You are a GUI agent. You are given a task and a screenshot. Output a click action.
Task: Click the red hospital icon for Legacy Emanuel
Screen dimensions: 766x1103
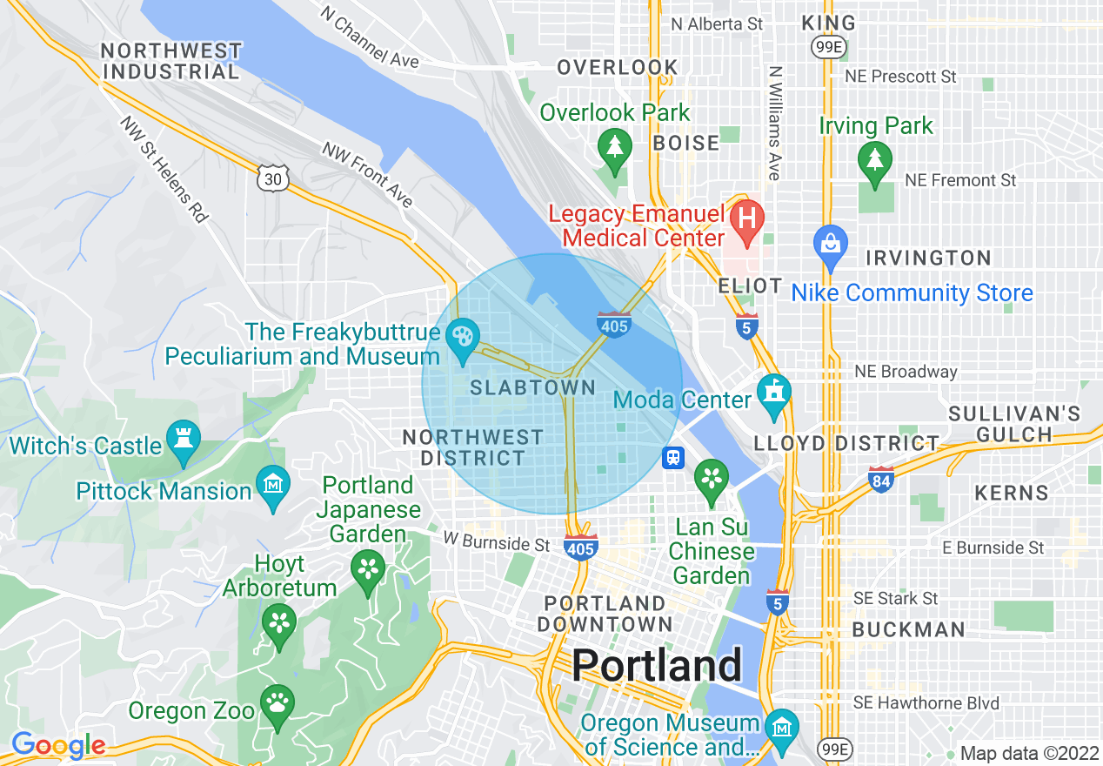(x=746, y=216)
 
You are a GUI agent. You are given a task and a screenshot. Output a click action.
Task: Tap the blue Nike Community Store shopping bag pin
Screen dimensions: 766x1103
(x=831, y=243)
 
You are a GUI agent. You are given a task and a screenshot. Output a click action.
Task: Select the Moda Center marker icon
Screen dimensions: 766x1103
(x=773, y=391)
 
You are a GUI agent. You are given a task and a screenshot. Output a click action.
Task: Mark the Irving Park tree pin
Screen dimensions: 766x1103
(x=874, y=159)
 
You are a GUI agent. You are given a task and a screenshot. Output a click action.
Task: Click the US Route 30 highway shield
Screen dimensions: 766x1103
(x=272, y=177)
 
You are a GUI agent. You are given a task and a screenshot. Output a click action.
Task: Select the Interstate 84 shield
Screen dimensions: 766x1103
(x=881, y=478)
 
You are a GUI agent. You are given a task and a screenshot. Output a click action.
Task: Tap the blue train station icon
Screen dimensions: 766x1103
(x=672, y=458)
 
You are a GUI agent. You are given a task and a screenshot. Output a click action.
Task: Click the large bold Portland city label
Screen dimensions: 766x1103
(x=657, y=666)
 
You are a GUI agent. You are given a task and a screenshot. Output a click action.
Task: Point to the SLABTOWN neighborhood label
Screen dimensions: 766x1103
(x=533, y=388)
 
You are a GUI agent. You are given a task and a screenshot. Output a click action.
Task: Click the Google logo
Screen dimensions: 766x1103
(x=58, y=745)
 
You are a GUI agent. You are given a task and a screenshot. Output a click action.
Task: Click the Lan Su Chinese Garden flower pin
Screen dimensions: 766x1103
(x=712, y=478)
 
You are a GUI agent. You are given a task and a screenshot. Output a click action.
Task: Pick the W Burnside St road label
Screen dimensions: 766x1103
(x=496, y=545)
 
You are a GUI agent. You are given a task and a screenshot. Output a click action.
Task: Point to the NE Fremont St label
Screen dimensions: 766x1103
(x=960, y=180)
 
